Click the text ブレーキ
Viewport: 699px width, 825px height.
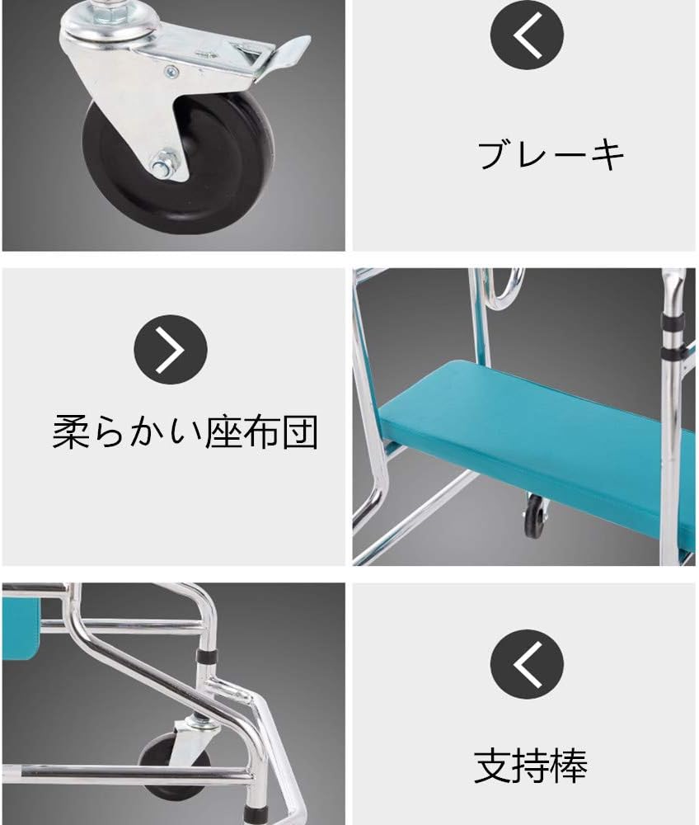point(551,154)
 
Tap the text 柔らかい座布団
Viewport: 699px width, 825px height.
point(185,431)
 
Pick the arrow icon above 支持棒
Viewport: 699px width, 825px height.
point(527,664)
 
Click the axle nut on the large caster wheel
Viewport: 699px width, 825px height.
point(167,165)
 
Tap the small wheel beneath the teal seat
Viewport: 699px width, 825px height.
point(535,516)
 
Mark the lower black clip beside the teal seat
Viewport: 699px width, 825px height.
point(673,353)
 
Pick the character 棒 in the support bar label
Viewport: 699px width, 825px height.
point(569,766)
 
